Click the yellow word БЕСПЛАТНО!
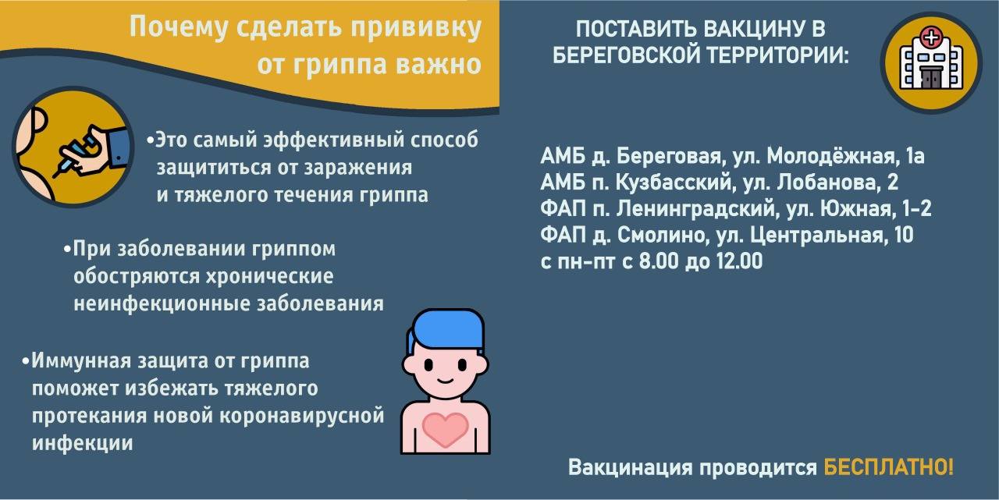point(888,467)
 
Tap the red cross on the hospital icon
point(931,37)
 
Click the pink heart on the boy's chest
point(445,429)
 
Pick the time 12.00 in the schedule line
point(739,261)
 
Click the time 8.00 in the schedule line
point(659,261)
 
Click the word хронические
point(269,276)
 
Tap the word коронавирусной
point(302,415)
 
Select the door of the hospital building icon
point(931,79)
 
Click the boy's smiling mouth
point(445,380)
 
